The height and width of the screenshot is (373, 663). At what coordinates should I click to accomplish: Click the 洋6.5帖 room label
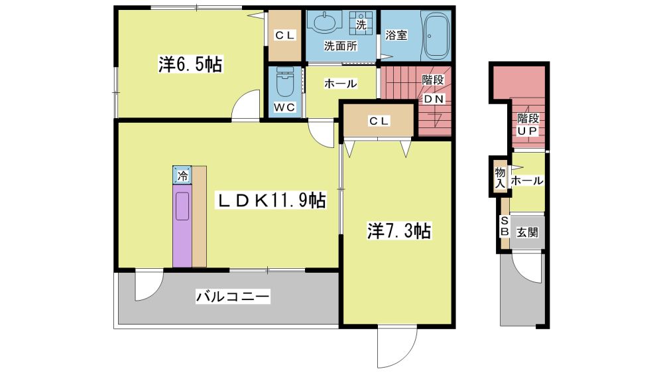pos(190,64)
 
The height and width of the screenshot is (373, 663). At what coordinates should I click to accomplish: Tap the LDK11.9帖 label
pos(271,200)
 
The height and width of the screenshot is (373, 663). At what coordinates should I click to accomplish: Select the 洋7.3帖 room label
pos(399,231)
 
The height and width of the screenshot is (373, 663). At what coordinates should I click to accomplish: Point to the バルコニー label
pos(233,297)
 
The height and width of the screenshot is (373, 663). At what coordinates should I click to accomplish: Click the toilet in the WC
pos(284,82)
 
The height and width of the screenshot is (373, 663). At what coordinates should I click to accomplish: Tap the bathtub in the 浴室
pos(436,37)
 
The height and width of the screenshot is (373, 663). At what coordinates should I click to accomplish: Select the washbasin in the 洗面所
pos(325,22)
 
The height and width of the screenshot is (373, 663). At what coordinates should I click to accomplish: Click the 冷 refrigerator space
pos(182,175)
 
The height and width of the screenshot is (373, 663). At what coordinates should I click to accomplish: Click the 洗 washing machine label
pos(361,25)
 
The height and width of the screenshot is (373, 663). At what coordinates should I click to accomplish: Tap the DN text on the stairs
pos(434,99)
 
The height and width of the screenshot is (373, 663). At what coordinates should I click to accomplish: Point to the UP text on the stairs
pos(527,131)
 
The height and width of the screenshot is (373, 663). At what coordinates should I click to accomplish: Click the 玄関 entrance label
pos(527,232)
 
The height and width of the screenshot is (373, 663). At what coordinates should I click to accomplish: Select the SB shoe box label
pos(505,226)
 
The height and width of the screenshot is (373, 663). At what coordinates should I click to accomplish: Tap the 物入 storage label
pos(500,177)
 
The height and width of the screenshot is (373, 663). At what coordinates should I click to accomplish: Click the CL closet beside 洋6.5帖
pos(284,36)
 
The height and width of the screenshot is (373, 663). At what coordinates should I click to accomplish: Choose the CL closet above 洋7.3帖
pos(379,121)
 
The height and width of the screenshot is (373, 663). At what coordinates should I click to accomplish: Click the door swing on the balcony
pos(148,287)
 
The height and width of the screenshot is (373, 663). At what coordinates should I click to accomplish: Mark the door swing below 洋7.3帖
pos(396,348)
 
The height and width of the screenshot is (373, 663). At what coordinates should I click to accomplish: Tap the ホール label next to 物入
pos(527,181)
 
